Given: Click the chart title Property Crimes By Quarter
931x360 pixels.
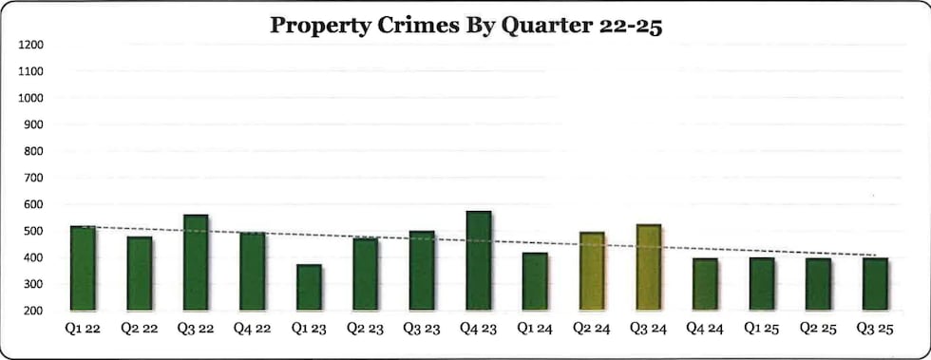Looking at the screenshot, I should (465, 25).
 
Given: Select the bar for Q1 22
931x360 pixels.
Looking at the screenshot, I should (83, 268).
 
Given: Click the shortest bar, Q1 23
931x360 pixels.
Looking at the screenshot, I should (309, 287).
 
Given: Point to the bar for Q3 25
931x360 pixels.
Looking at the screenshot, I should (874, 284).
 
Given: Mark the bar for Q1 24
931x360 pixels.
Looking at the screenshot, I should (535, 281).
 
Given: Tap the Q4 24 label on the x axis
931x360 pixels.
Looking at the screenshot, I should (705, 328).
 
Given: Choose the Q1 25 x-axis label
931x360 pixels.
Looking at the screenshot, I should (761, 328).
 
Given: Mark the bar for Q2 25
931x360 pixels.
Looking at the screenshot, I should (817, 284).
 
